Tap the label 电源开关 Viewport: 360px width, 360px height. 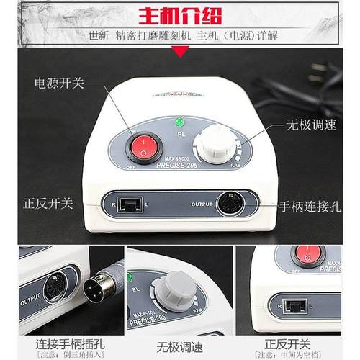tap(59, 84)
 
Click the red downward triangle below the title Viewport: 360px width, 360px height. tap(179, 51)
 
